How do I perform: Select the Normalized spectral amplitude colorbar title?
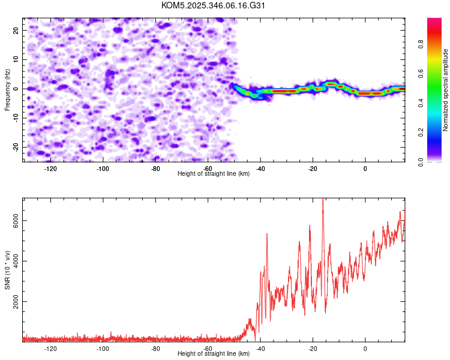[x=445, y=90]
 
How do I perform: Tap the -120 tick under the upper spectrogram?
[x=50, y=168]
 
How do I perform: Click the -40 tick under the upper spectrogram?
[x=260, y=168]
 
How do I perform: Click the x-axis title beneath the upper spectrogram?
[x=214, y=174]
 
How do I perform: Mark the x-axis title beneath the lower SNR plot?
[x=214, y=354]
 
